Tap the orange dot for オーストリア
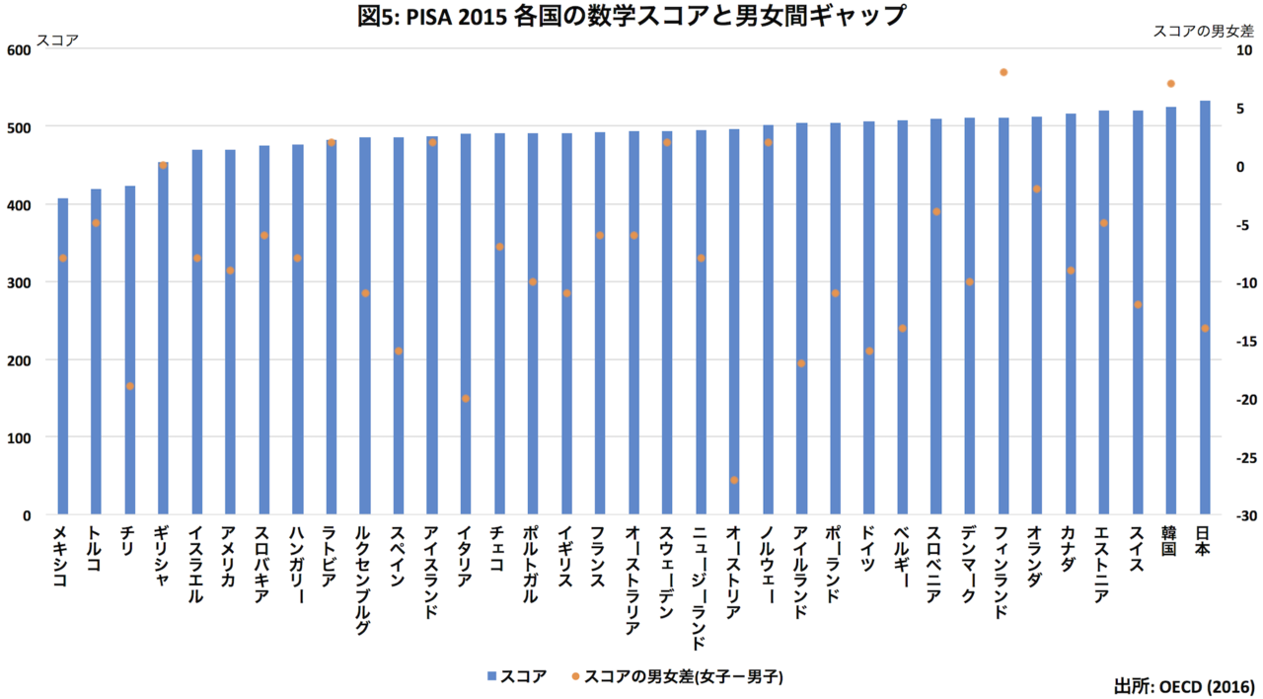point(734,480)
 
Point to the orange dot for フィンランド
point(1003,72)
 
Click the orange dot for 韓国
point(1171,84)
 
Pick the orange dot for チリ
point(130,386)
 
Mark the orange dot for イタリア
point(466,399)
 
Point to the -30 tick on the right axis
point(1236,515)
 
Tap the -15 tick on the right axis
point(1236,342)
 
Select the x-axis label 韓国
point(1171,542)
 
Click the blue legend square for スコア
point(491,676)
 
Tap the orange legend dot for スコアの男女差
point(575,676)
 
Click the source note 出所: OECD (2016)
point(1184,685)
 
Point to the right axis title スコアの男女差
point(1204,32)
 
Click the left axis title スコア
point(57,40)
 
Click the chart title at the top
point(631,16)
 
